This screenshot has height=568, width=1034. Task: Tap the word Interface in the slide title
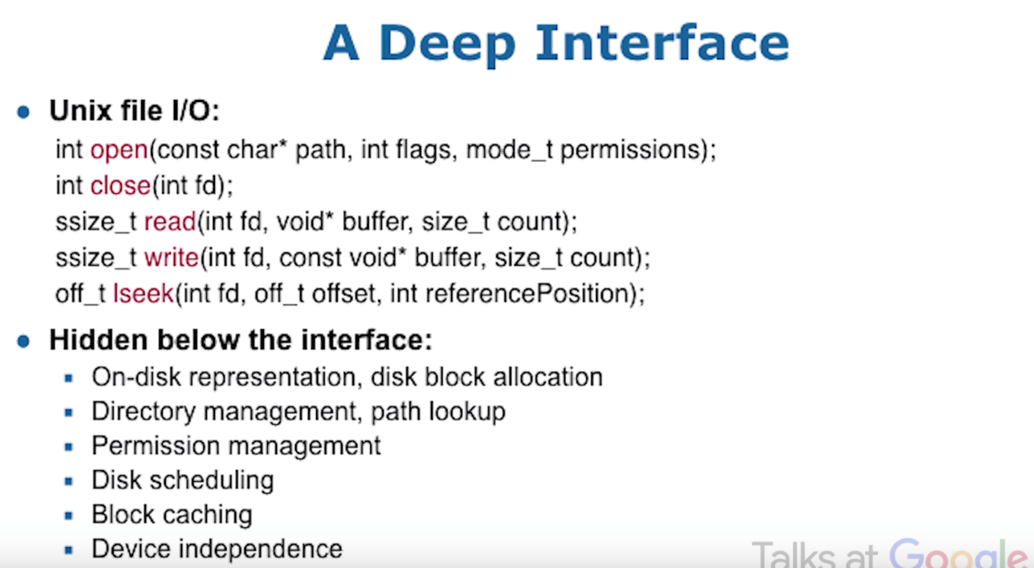(662, 43)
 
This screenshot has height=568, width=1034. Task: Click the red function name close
(121, 186)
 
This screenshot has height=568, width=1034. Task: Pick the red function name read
(170, 222)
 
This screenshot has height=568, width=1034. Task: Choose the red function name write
(172, 258)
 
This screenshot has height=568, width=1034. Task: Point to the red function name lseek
(143, 294)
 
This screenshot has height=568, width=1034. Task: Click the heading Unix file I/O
(134, 111)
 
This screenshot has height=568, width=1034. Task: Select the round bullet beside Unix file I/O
(24, 112)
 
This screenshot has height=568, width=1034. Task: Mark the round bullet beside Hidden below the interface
(24, 341)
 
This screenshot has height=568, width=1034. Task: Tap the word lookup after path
(467, 412)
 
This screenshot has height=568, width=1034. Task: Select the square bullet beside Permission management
(69, 447)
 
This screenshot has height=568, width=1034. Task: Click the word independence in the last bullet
(260, 549)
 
